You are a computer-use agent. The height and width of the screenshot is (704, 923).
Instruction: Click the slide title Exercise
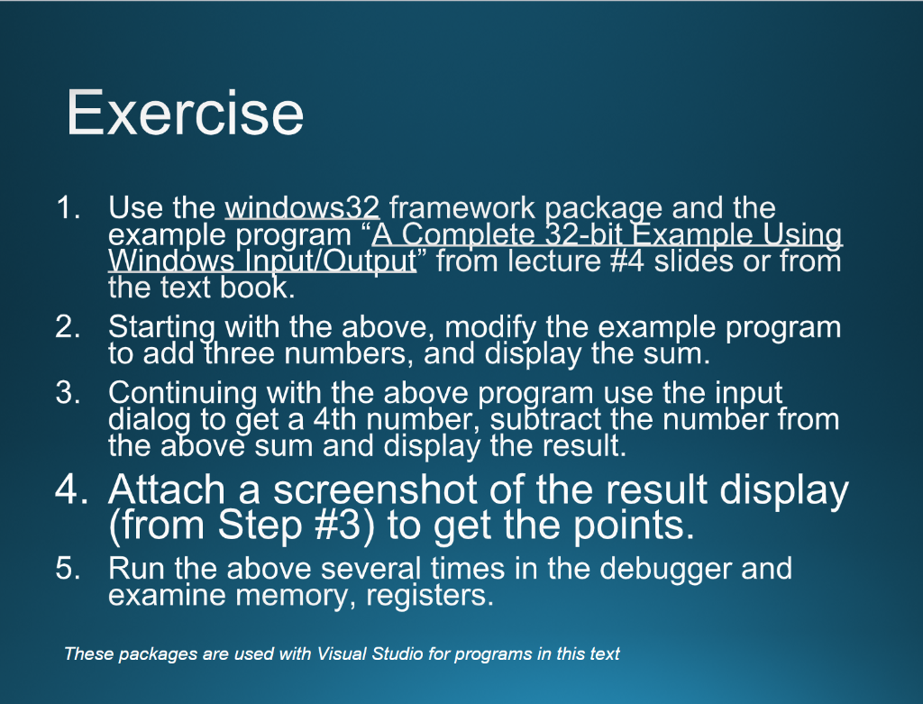[185, 113]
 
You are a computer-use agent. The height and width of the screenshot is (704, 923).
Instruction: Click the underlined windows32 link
[302, 208]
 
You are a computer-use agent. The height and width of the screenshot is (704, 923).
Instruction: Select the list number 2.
[68, 326]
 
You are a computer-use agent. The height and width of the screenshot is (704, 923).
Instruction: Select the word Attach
[167, 490]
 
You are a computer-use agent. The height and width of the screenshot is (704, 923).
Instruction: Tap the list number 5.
[68, 569]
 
